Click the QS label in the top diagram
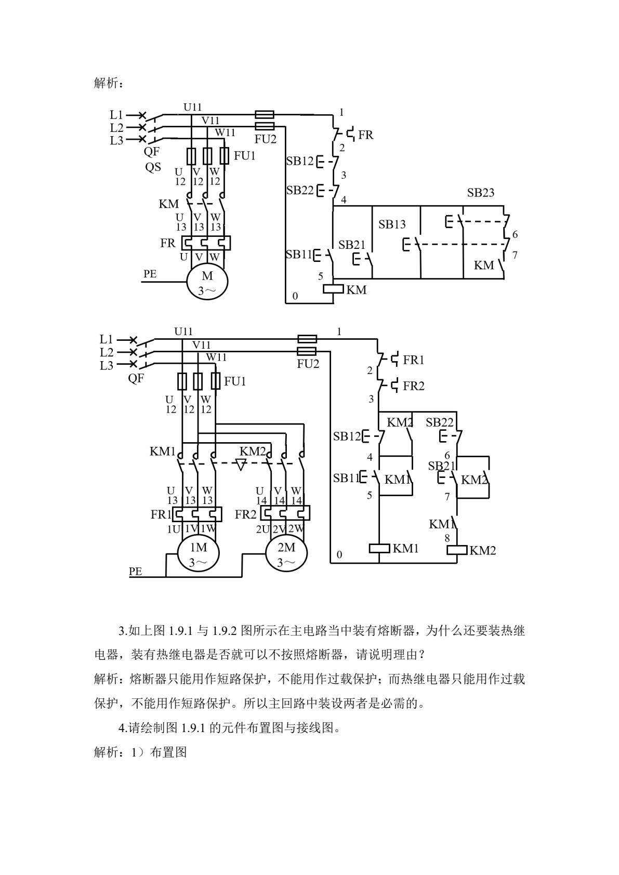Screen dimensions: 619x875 coord(153,167)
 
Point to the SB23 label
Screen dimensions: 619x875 coord(481,192)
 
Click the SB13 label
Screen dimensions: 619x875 coord(392,224)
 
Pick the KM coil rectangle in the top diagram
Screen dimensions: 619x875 coord(333,289)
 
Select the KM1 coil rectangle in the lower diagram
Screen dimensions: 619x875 coord(379,549)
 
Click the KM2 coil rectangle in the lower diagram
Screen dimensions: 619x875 coord(457,550)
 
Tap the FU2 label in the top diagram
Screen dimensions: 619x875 coord(266,139)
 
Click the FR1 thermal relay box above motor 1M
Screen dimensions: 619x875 coord(197,514)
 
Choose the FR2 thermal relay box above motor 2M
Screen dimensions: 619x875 coord(285,513)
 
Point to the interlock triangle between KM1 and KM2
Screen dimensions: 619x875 coord(241,465)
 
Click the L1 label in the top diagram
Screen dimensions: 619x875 coord(116,115)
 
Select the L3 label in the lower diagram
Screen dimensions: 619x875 coord(107,366)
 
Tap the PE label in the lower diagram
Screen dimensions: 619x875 coord(135,572)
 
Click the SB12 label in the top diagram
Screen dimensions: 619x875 coord(300,161)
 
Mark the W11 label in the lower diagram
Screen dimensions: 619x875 coord(216,357)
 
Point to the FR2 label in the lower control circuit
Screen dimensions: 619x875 coord(414,386)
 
